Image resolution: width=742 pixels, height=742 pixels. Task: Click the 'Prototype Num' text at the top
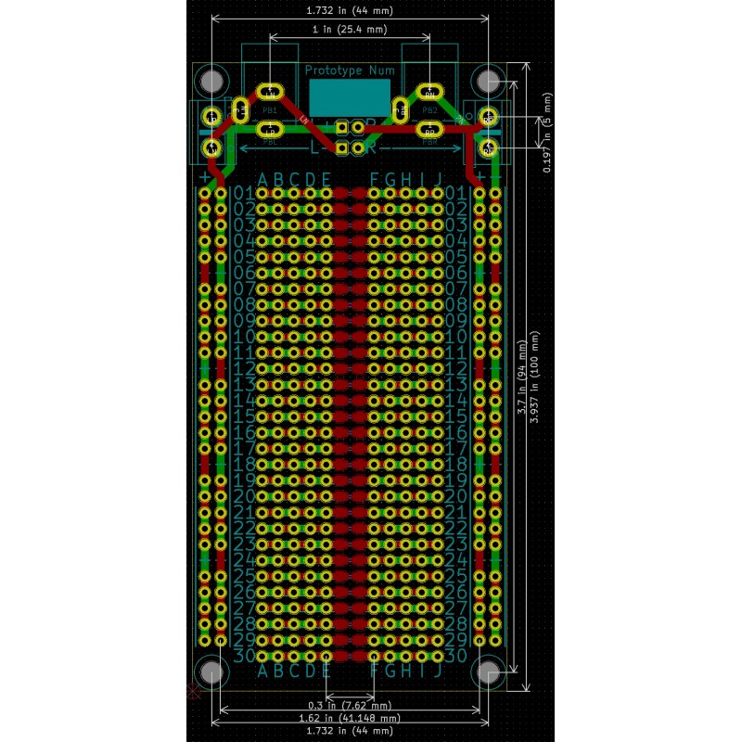point(350,70)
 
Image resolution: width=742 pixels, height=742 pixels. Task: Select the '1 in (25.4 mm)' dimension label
point(349,30)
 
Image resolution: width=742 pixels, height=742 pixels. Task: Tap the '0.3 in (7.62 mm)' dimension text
point(349,706)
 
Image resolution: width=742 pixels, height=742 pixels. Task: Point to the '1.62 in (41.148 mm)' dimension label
point(349,718)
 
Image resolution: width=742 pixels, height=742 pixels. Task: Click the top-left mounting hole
point(211,80)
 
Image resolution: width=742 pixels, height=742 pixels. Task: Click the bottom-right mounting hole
point(488,672)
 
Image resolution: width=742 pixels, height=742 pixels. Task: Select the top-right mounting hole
point(488,80)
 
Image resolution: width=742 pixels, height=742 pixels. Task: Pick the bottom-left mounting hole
point(211,672)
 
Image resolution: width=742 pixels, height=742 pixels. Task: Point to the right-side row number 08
point(455,304)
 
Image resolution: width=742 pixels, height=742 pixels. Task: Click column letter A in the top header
point(262,179)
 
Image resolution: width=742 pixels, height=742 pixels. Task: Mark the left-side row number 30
point(244,656)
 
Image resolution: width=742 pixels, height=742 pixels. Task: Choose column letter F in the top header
point(375,179)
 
